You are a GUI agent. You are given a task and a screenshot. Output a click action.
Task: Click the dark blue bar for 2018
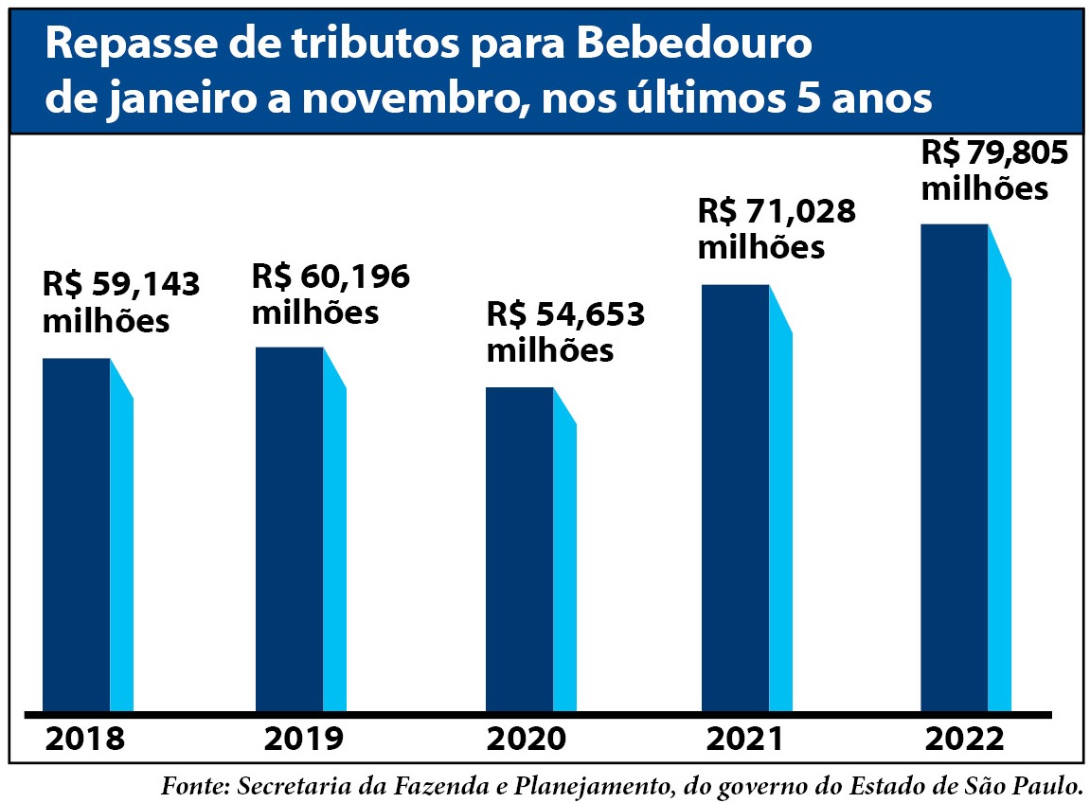click(x=76, y=535)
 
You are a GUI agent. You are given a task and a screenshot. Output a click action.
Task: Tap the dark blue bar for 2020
click(x=519, y=549)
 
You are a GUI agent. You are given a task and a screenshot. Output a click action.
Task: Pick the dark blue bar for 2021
click(x=735, y=497)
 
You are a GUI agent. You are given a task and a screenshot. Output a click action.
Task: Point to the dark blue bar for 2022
click(x=954, y=468)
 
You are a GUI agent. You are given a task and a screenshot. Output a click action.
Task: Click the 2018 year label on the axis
click(x=84, y=740)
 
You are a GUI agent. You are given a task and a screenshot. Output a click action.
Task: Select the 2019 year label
click(x=304, y=740)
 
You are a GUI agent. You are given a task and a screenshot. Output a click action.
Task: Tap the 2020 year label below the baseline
click(x=527, y=740)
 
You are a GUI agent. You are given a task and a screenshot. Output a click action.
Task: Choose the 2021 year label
click(x=744, y=740)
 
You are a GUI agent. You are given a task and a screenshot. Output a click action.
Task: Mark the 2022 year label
click(x=964, y=740)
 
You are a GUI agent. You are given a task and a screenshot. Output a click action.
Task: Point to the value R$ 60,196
click(x=331, y=277)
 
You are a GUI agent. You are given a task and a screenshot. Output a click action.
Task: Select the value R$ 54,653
click(x=565, y=314)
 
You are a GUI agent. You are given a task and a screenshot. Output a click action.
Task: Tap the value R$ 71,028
click(x=777, y=211)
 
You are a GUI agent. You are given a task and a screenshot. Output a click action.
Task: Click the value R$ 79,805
click(x=994, y=152)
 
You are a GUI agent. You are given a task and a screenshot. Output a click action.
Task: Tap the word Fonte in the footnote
click(x=195, y=786)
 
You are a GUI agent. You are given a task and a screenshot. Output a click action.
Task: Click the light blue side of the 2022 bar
click(x=1000, y=492)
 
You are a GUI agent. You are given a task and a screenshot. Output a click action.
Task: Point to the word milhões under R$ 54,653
click(x=550, y=350)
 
